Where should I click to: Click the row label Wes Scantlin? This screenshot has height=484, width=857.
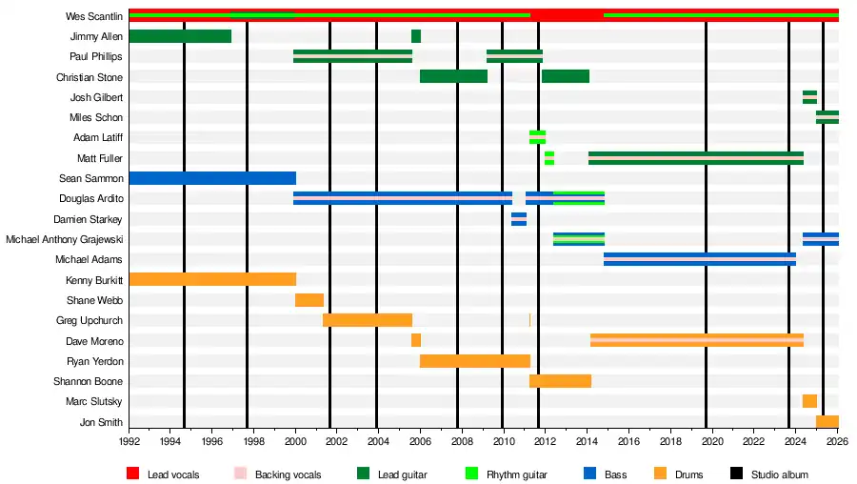(94, 16)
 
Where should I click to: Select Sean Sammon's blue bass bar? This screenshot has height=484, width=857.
(212, 178)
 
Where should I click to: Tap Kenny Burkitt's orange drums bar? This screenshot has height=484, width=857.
(212, 279)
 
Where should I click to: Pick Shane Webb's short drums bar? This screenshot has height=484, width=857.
(309, 300)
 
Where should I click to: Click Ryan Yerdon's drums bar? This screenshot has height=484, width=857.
(475, 361)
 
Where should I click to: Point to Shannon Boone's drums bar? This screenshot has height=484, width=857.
(561, 381)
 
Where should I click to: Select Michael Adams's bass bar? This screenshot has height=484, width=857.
(700, 259)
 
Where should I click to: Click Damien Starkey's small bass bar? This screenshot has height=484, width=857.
(519, 219)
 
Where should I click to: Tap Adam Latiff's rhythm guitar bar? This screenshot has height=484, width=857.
(538, 137)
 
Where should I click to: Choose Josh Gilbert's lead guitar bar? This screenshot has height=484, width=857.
(809, 97)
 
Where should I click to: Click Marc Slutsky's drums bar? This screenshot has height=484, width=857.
(809, 401)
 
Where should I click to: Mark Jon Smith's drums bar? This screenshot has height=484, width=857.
(827, 422)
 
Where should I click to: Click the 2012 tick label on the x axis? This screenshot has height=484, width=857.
(545, 442)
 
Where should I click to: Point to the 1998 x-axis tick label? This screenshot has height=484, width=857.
(254, 442)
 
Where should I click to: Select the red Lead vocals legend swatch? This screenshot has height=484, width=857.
(133, 474)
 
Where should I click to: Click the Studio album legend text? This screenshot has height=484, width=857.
(780, 474)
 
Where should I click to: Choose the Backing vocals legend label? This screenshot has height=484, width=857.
(288, 474)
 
